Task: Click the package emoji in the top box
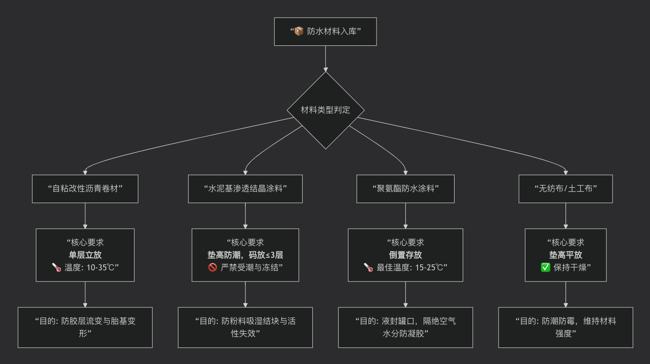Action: pyautogui.click(x=299, y=31)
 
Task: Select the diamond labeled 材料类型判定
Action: pyautogui.click(x=326, y=110)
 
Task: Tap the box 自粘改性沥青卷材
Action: pyautogui.click(x=85, y=189)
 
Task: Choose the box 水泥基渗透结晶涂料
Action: pyautogui.click(x=245, y=189)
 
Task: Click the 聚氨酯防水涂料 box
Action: pyautogui.click(x=405, y=189)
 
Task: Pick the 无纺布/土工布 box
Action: pyautogui.click(x=565, y=189)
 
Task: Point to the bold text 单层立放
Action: pyautogui.click(x=85, y=255)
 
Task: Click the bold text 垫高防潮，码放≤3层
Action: pyautogui.click(x=245, y=255)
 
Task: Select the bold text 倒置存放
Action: pyautogui.click(x=405, y=255)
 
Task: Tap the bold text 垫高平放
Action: pyautogui.click(x=565, y=255)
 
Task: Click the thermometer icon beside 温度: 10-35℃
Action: pyautogui.click(x=57, y=267)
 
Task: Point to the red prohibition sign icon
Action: pyautogui.click(x=212, y=267)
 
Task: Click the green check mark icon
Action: pyautogui.click(x=546, y=267)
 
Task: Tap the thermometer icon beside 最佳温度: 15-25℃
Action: pyautogui.click(x=368, y=267)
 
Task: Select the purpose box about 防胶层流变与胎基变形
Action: pyautogui.click(x=85, y=327)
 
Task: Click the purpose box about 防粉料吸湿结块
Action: pyautogui.click(x=245, y=327)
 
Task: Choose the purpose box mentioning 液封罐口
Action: pyautogui.click(x=405, y=327)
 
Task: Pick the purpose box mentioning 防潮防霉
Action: pyautogui.click(x=565, y=327)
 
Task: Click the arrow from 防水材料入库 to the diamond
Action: pyautogui.click(x=326, y=59)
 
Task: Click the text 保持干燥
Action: pyautogui.click(x=570, y=267)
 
